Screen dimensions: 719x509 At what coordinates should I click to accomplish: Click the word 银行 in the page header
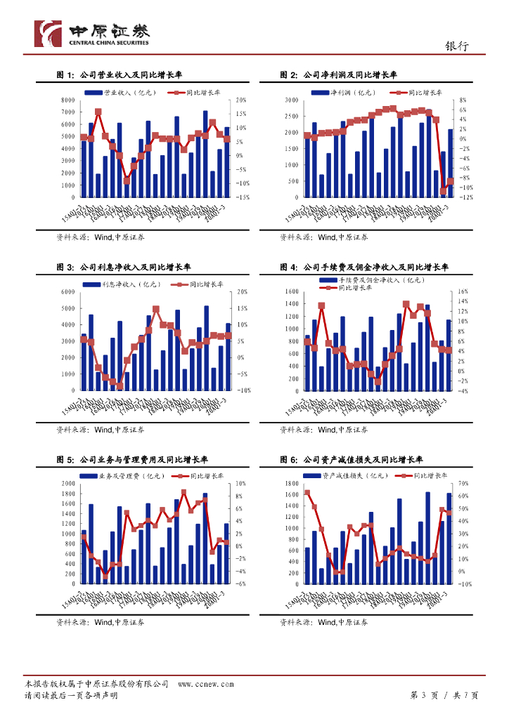(456, 46)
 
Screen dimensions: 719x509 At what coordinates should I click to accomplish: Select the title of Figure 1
(119, 74)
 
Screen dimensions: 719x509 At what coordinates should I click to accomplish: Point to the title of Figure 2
(338, 74)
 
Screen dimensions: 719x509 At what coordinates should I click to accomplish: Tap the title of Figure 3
(124, 267)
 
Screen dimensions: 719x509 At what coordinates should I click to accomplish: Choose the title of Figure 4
(363, 267)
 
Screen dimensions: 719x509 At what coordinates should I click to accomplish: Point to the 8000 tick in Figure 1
(67, 100)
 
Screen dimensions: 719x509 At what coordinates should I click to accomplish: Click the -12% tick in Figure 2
(463, 198)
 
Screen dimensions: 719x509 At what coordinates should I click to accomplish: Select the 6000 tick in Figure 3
(67, 291)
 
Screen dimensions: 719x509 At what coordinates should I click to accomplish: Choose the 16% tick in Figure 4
(463, 291)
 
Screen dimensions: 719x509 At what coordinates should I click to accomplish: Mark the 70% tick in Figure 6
(463, 484)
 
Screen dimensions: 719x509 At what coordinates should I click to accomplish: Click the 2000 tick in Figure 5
(67, 484)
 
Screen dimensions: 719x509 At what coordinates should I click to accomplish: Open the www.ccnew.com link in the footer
(205, 684)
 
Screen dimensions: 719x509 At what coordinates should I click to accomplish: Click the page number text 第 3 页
(423, 695)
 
